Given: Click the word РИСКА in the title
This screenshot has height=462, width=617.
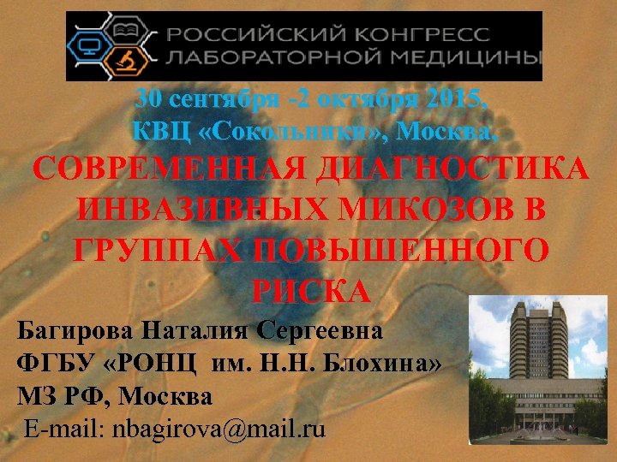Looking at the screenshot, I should tap(311, 292).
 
